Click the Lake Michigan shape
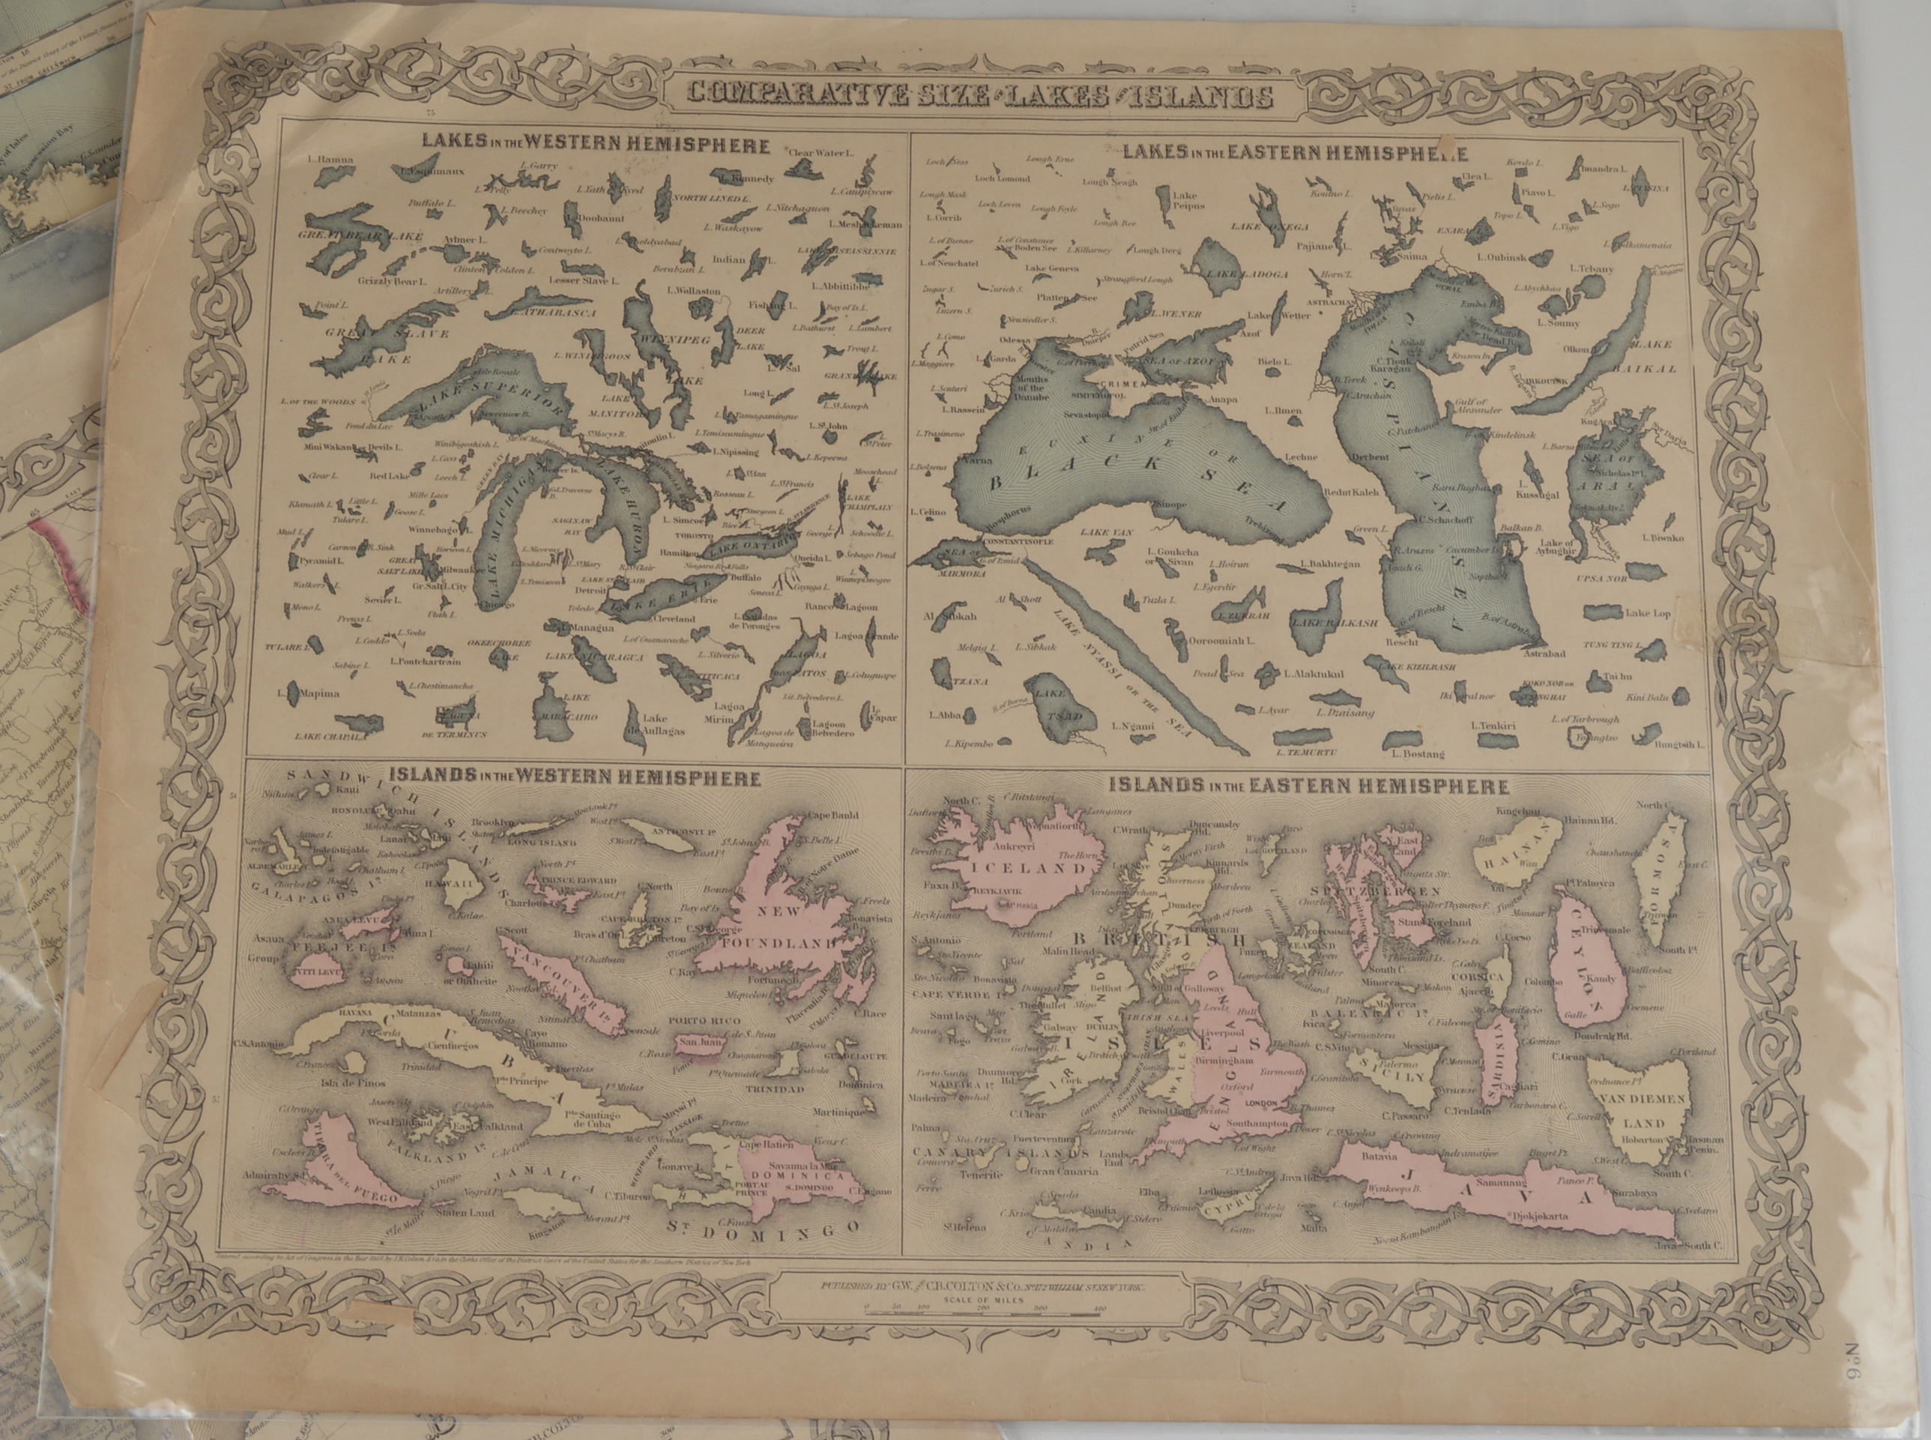point(505,531)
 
